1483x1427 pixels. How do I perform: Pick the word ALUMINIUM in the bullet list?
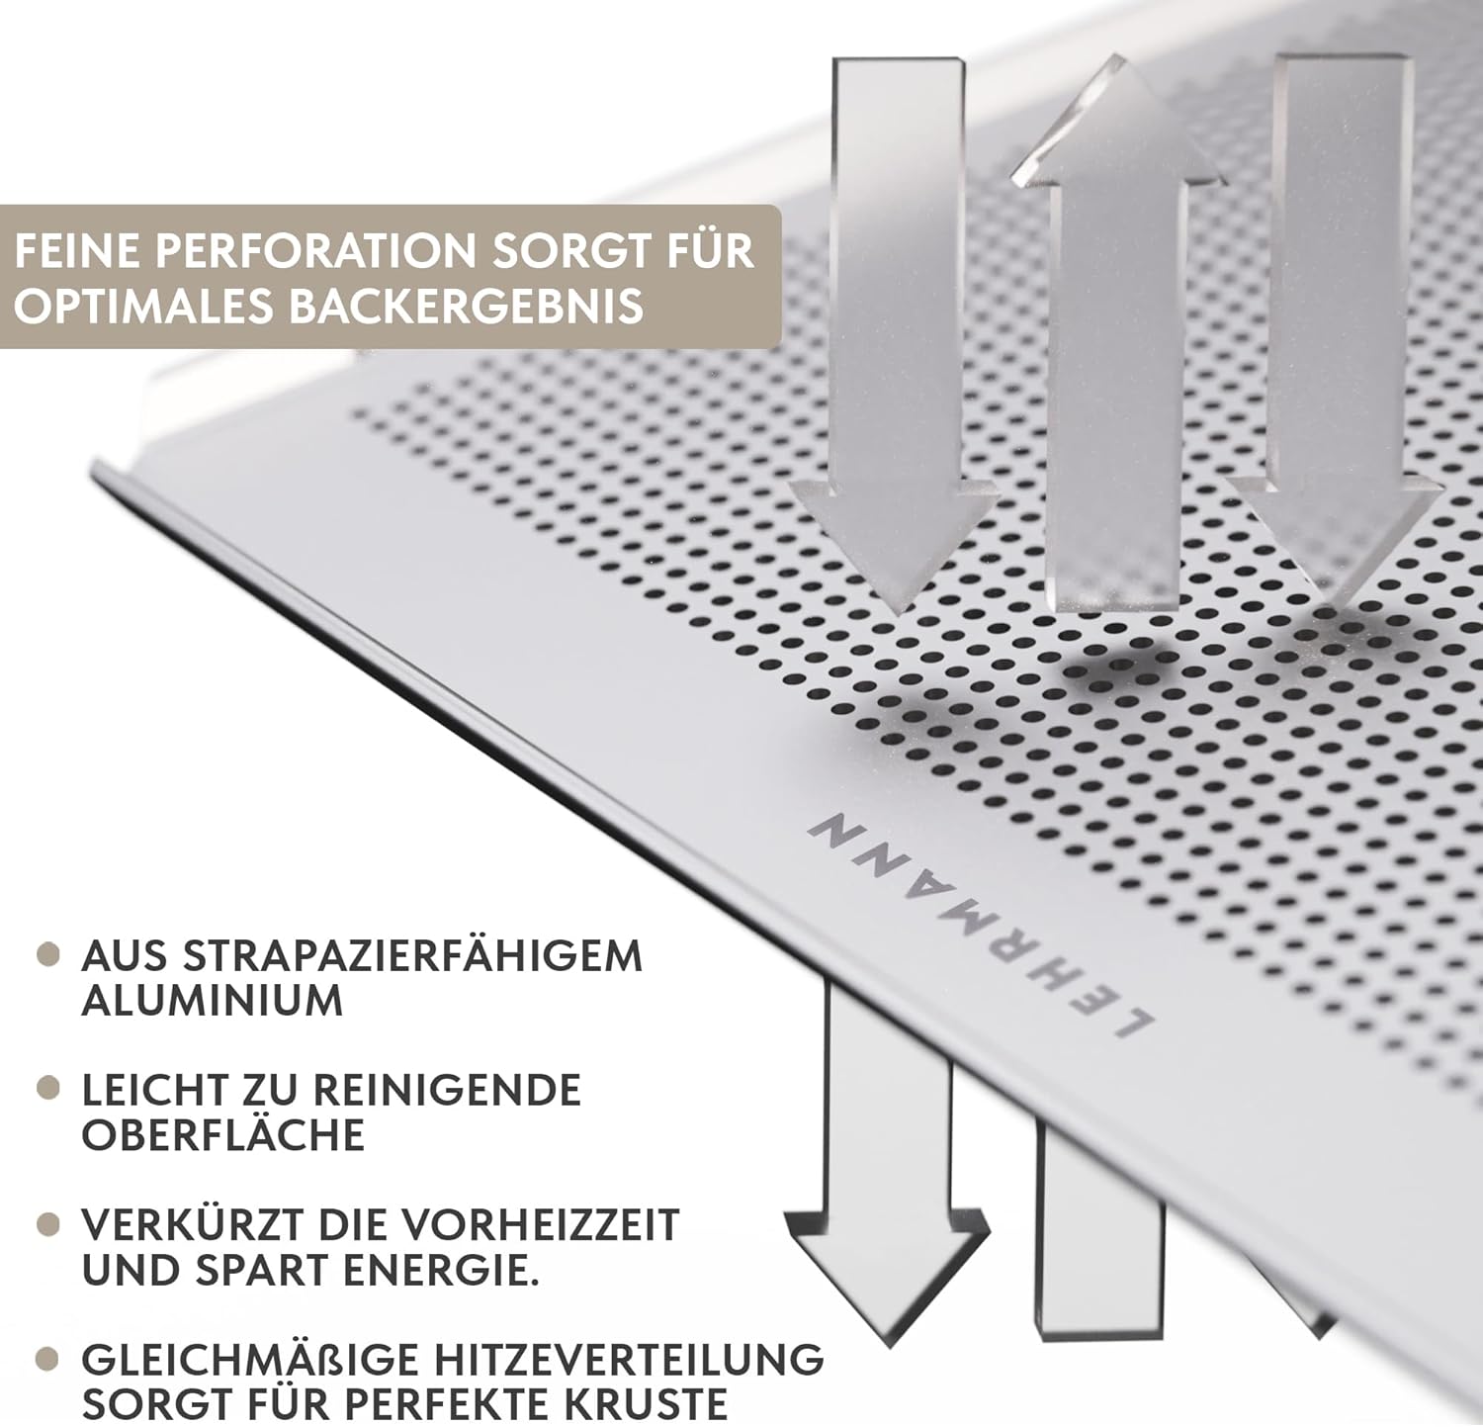212,1001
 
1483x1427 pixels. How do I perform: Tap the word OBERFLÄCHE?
223,1135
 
